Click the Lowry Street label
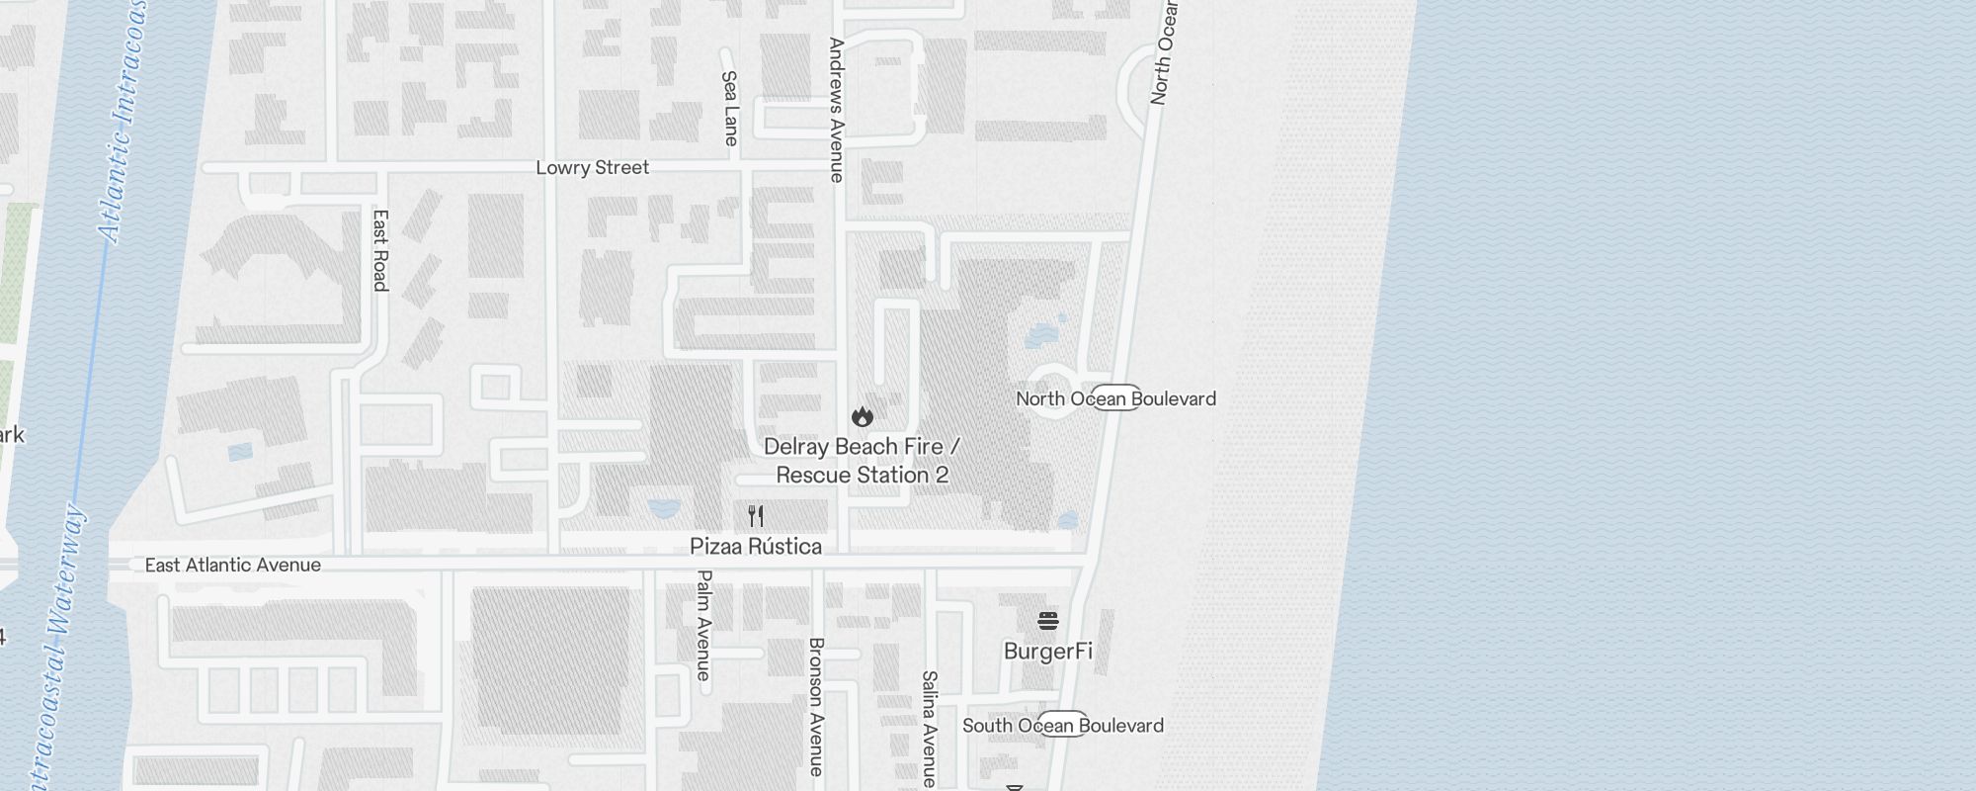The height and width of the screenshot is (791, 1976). pos(592,168)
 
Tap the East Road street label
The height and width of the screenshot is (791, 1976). pos(380,250)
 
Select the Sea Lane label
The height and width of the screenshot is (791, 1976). pos(730,108)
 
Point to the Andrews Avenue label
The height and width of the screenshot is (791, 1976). pos(837,110)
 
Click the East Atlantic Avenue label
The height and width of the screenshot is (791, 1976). pos(233,566)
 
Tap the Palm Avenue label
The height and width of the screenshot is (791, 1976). pos(704,625)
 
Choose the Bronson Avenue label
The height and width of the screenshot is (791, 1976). pos(816,706)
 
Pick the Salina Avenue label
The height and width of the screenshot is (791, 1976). pos(929,729)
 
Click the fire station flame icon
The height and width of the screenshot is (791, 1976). pos(863,416)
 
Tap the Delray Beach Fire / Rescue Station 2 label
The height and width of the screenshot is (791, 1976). pos(862,461)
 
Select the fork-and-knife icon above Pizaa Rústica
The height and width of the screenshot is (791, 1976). pos(756,516)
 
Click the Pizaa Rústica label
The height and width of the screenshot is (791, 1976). pos(756,547)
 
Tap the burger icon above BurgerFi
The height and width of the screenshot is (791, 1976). pos(1048,621)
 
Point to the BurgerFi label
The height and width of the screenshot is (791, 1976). pos(1048,652)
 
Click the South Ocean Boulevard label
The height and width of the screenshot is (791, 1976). pos(1063,726)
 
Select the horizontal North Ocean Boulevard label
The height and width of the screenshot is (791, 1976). pos(1116,399)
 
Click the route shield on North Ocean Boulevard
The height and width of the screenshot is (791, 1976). pos(1116,397)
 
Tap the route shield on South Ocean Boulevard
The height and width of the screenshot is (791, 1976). pos(1063,724)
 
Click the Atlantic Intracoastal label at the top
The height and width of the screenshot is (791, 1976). pos(126,119)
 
